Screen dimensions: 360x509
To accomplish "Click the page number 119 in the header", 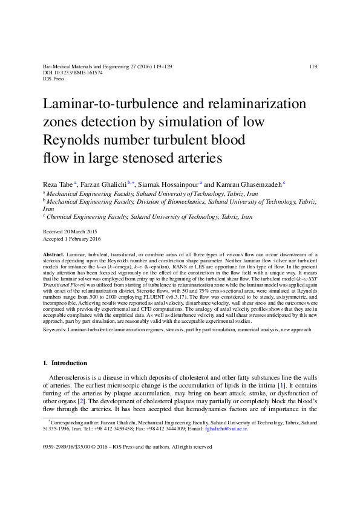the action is [x=313, y=66].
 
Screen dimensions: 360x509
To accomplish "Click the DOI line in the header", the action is [x=70, y=73].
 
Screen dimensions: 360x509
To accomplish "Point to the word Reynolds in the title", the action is [x=72, y=140].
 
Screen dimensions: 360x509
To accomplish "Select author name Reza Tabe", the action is [x=57, y=183].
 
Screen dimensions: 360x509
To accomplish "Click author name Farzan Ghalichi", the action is [x=102, y=183].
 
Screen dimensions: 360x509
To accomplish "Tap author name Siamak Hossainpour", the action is [x=168, y=183].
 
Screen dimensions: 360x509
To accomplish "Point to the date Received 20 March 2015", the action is [x=71, y=232].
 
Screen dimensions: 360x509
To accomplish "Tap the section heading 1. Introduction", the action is [x=65, y=363].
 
